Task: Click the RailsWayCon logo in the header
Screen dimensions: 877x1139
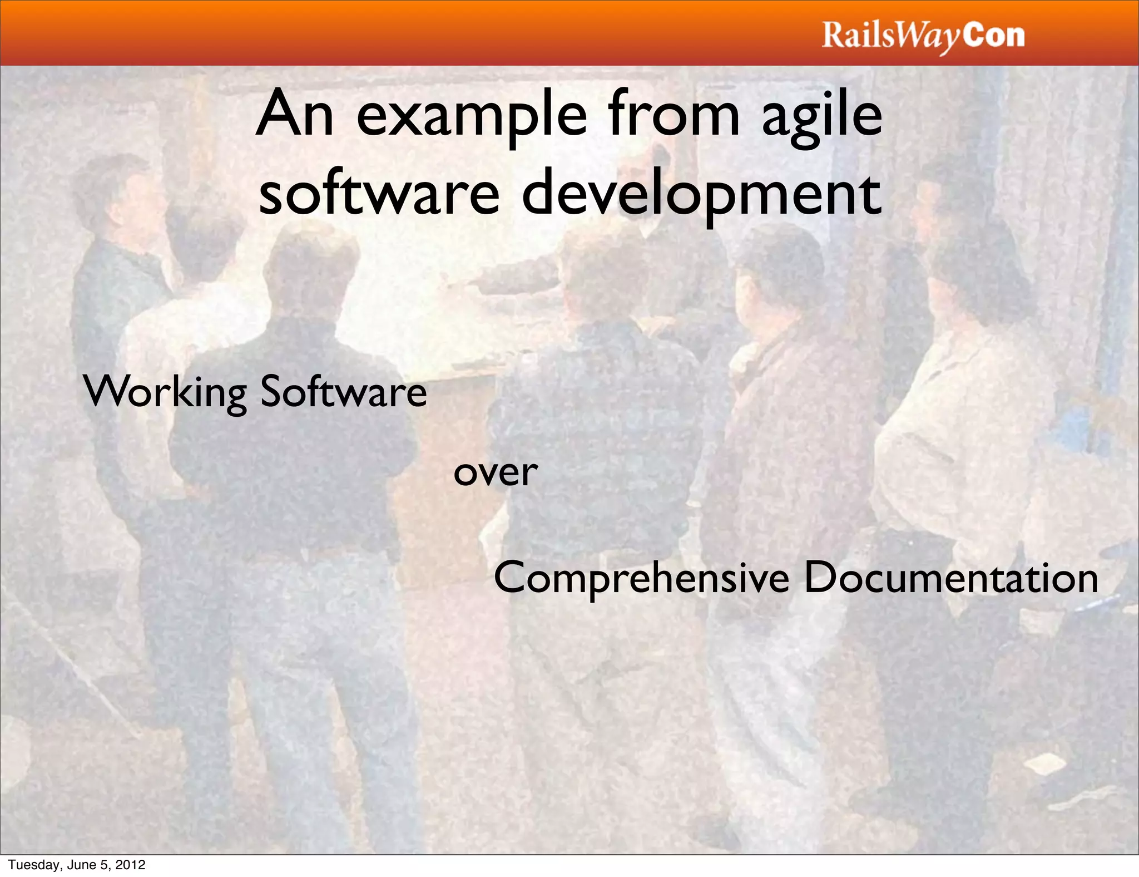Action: (x=923, y=36)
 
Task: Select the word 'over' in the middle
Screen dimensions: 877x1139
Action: (x=495, y=472)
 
